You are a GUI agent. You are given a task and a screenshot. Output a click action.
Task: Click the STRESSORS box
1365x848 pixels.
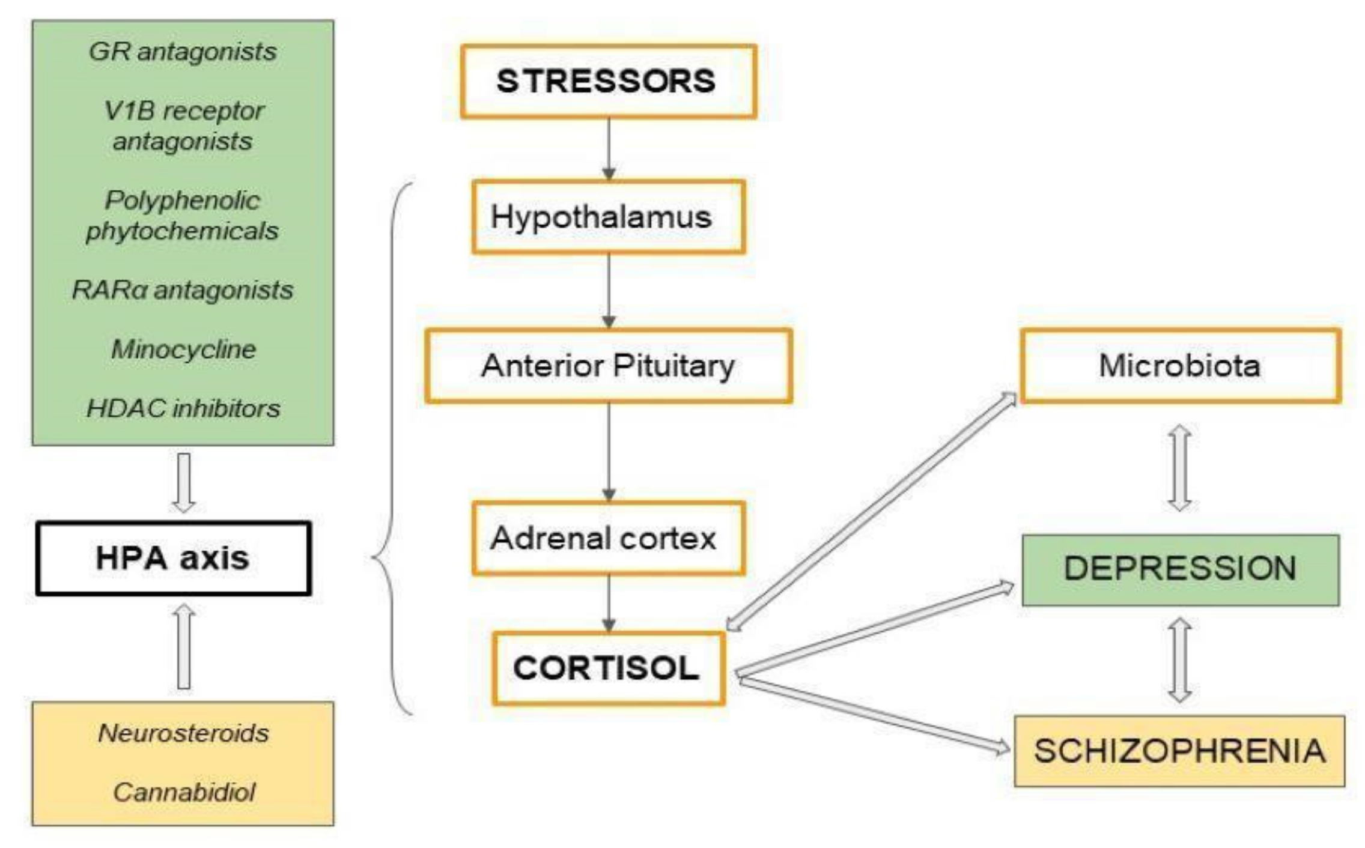click(x=608, y=81)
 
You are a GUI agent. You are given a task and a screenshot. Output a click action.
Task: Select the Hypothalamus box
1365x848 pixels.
click(x=608, y=217)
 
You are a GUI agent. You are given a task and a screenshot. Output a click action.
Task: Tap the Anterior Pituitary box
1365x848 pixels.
click(x=608, y=366)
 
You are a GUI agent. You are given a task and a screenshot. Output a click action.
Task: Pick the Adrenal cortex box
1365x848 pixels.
click(x=608, y=538)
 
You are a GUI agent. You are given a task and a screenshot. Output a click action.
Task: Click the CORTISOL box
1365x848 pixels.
click(x=608, y=668)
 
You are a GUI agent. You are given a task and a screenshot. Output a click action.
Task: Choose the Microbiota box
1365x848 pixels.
click(x=1180, y=366)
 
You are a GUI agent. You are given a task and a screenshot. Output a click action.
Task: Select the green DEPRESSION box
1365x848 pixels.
click(x=1180, y=569)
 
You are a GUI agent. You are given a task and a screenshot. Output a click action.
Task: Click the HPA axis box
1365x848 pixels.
click(x=173, y=559)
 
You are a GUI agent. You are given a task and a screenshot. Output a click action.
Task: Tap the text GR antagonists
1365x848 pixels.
click(x=183, y=52)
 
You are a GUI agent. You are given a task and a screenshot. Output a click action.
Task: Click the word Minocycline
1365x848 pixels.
click(x=183, y=350)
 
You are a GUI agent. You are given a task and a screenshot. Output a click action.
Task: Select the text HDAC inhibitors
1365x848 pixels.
click(x=183, y=409)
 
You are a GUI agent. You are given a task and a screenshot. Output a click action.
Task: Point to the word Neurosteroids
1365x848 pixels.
click(x=183, y=733)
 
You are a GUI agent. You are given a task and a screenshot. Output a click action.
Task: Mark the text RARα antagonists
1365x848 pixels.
click(x=183, y=290)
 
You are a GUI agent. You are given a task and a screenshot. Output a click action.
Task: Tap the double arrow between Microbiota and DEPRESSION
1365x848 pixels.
click(x=1180, y=468)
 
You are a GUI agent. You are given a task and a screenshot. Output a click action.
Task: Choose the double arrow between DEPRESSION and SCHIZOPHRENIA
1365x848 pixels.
click(x=1180, y=660)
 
